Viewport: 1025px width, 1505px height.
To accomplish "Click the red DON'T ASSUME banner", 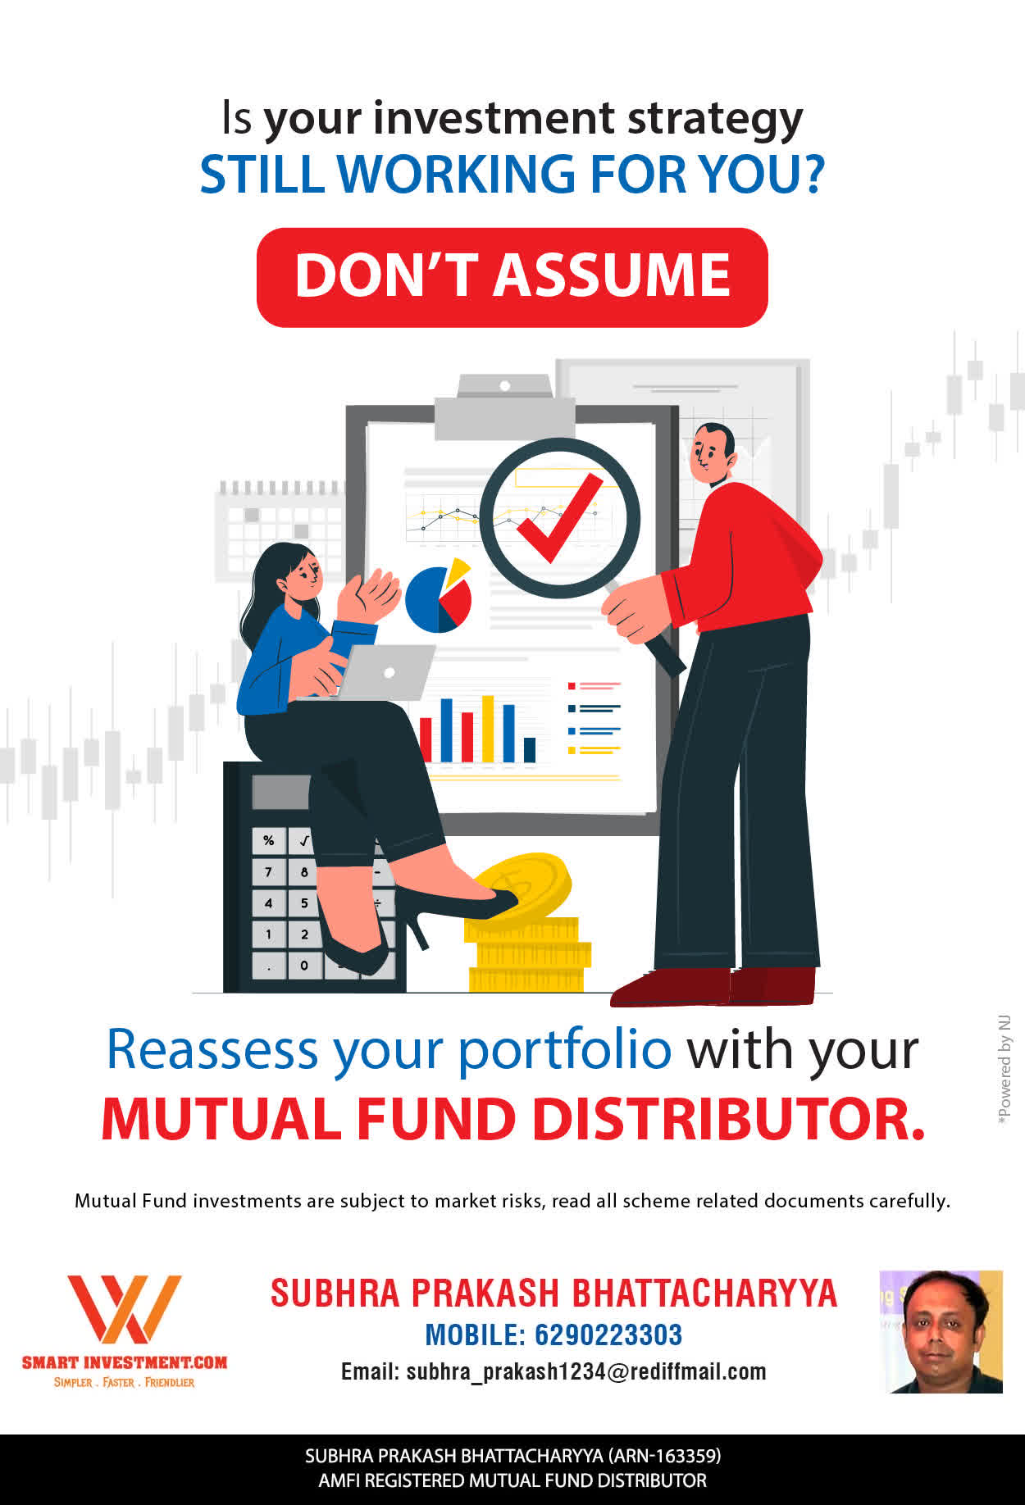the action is tap(512, 277).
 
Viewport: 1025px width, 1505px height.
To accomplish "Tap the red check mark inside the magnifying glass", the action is tap(560, 518).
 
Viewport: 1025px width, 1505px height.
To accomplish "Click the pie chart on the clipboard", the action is tap(440, 596).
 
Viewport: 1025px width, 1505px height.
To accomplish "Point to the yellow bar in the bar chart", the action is tap(488, 729).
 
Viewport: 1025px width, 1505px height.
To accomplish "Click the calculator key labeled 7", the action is tap(269, 872).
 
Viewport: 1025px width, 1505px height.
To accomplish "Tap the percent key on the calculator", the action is tap(269, 841).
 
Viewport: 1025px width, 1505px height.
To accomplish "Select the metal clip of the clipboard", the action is tap(504, 407).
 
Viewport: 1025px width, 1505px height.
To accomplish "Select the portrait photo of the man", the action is tap(941, 1332).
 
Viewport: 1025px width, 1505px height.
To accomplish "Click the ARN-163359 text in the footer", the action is tap(664, 1456).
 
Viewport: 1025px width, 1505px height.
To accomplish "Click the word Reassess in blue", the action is tap(212, 1049).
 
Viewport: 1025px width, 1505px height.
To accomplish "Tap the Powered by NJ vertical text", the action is tap(1004, 1071).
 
